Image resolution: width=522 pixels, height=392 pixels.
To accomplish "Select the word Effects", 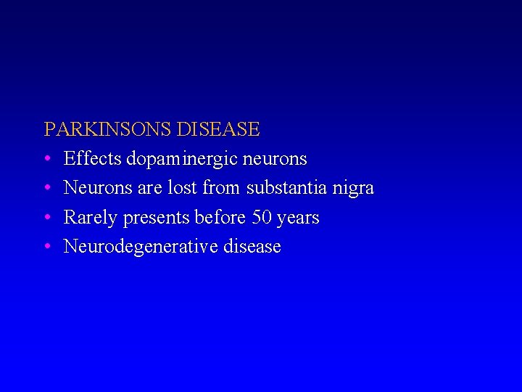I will point(92,158).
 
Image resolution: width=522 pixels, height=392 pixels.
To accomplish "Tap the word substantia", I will point(287,188).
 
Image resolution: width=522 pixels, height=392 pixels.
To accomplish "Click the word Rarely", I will point(90,218).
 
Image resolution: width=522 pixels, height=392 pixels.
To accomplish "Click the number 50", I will point(260,217).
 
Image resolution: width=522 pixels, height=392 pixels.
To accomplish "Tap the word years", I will point(297,219).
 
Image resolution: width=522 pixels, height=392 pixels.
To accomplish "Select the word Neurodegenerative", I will point(141,247).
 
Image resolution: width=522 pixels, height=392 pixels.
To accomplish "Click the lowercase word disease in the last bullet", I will point(252,247).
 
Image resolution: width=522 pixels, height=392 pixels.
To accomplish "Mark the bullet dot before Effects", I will point(47,159).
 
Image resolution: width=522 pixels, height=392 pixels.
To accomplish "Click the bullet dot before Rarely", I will point(47,218).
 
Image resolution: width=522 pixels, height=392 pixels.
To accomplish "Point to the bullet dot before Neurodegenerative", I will point(47,247).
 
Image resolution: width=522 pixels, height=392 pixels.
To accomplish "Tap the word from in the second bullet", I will point(221,188).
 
